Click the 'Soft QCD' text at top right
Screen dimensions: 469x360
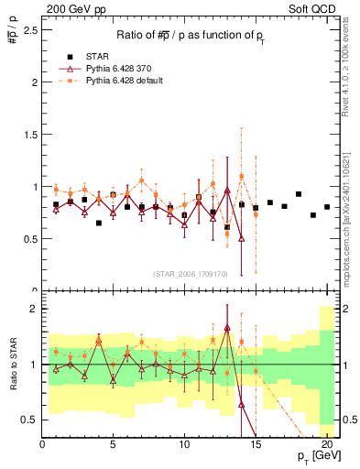[x=314, y=8]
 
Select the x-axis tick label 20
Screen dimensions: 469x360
[x=327, y=444]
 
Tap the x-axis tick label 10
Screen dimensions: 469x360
[x=184, y=444]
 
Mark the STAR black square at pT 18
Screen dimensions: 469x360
[x=299, y=194]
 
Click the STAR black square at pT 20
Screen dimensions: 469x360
[x=327, y=207]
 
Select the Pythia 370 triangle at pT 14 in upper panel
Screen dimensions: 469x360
[x=241, y=238]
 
